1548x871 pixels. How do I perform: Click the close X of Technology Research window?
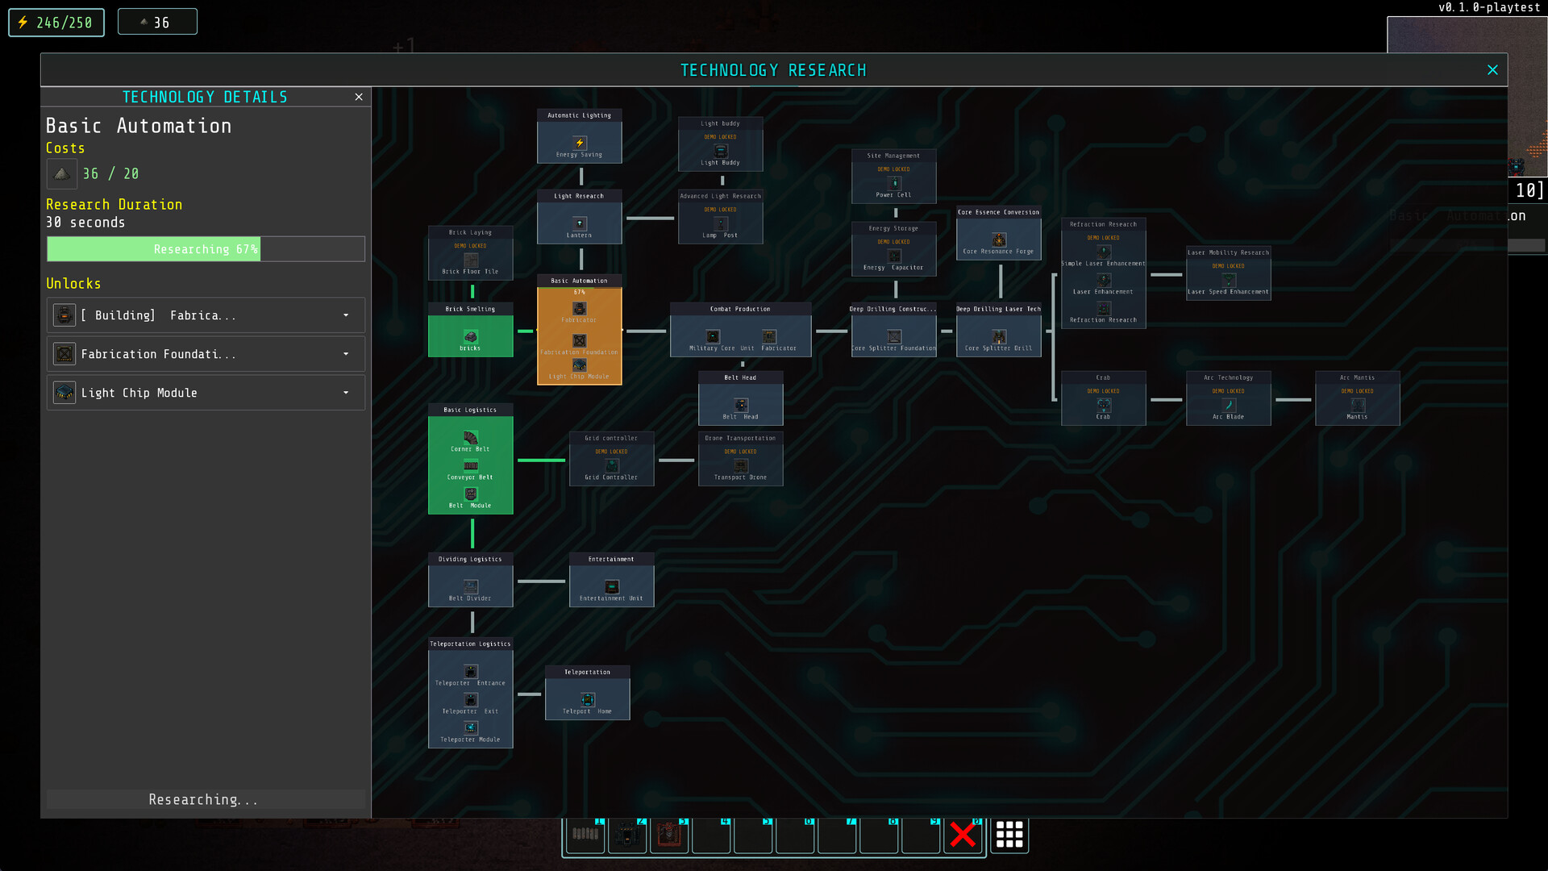tap(1492, 70)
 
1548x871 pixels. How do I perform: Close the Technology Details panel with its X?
tap(359, 97)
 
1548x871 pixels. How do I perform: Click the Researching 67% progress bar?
tap(206, 249)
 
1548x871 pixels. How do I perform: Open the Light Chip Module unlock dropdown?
tap(346, 393)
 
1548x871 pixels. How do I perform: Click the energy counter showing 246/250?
tap(56, 23)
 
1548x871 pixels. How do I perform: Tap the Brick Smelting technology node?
tap(470, 331)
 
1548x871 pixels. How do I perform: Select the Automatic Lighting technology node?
tap(579, 136)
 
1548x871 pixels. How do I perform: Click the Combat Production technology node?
tap(740, 330)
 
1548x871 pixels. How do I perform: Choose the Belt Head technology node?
tap(740, 398)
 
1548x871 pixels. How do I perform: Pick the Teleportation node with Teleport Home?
tap(587, 693)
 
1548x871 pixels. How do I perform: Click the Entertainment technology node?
tap(611, 580)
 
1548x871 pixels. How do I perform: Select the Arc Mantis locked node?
tap(1357, 398)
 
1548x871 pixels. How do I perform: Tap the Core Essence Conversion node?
tap(998, 233)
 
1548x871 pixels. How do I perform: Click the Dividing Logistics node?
tap(470, 580)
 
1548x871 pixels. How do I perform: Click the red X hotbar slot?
tap(963, 835)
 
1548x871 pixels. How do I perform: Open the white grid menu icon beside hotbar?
tap(1009, 835)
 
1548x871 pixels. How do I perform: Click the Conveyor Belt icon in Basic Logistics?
tap(471, 466)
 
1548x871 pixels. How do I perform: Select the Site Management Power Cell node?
tap(893, 177)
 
